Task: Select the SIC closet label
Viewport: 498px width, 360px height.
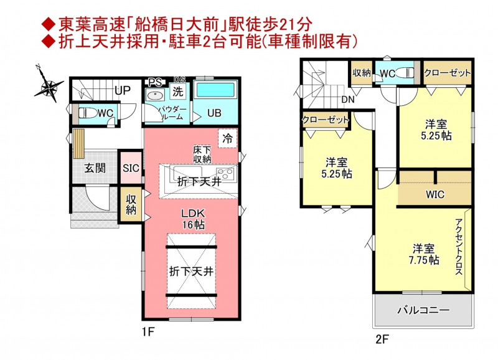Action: pyautogui.click(x=131, y=168)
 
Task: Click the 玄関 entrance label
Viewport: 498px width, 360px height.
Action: pyautogui.click(x=95, y=168)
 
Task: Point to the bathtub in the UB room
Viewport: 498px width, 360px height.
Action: pyautogui.click(x=215, y=90)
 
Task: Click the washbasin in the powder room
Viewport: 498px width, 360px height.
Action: pyautogui.click(x=154, y=95)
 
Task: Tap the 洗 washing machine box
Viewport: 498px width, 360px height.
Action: pyautogui.click(x=178, y=92)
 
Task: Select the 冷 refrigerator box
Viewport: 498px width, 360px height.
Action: pyautogui.click(x=227, y=138)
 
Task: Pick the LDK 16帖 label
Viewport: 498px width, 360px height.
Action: pyautogui.click(x=193, y=219)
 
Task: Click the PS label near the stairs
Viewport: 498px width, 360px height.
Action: pyautogui.click(x=155, y=83)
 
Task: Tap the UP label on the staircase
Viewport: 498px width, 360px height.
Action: pyautogui.click(x=123, y=91)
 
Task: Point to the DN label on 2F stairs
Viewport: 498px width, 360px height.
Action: pyautogui.click(x=348, y=100)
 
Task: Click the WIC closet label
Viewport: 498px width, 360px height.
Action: pyautogui.click(x=435, y=194)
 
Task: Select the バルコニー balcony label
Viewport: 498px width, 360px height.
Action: pyautogui.click(x=423, y=310)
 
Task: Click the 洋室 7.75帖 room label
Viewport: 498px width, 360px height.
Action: pyautogui.click(x=424, y=254)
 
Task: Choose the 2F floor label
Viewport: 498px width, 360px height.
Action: pyautogui.click(x=382, y=339)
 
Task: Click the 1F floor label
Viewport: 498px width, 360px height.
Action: pyautogui.click(x=148, y=332)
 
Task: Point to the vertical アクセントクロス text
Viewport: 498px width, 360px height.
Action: pyautogui.click(x=459, y=247)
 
